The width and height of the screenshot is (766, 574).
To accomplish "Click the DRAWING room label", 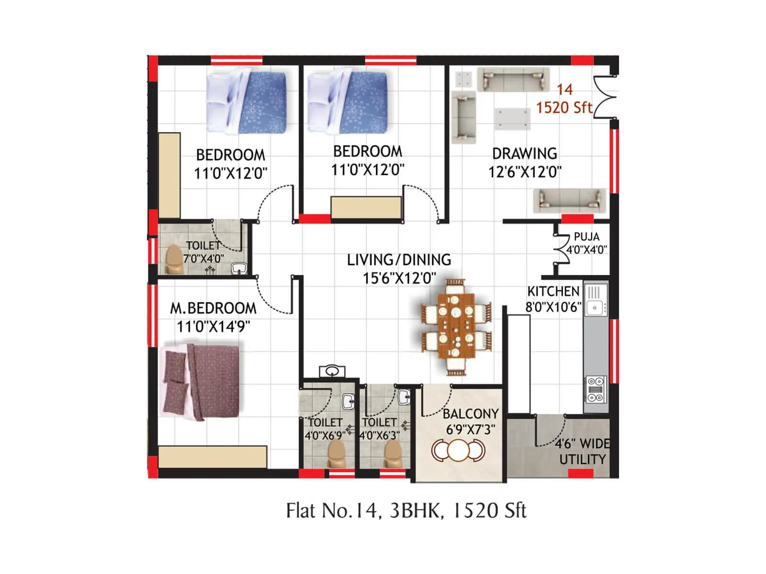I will (524, 154).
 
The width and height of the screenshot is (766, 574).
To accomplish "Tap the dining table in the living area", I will (456, 327).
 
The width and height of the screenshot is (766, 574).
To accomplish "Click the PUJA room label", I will (586, 237).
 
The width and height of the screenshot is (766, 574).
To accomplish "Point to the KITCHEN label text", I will (553, 291).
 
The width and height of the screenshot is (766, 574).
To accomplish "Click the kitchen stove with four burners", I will (596, 389).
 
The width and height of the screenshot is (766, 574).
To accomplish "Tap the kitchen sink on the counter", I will (595, 307).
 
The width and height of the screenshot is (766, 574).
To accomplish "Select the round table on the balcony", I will (458, 450).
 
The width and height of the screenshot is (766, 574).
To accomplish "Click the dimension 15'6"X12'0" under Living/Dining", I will (399, 278).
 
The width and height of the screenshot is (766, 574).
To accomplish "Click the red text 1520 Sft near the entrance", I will (563, 108).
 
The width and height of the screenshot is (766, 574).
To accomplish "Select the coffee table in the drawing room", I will (512, 118).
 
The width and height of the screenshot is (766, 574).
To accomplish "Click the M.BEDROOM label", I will (214, 308).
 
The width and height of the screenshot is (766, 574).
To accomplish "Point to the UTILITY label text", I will (582, 459).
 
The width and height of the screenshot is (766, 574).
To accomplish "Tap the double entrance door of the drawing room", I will (604, 97).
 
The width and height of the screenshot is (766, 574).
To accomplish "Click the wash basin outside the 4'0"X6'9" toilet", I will (332, 371).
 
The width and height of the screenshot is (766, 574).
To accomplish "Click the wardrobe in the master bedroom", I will (213, 457).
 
